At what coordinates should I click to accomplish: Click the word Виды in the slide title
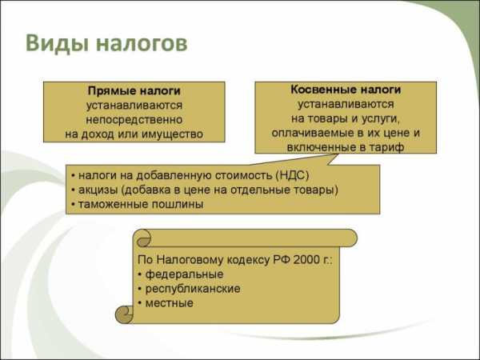58,43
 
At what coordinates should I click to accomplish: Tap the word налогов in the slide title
142,43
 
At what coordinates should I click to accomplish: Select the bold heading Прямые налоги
134,91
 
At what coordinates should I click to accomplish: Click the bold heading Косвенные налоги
346,90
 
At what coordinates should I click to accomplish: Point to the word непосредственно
134,119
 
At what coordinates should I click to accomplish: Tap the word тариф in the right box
386,147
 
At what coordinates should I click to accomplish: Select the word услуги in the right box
381,118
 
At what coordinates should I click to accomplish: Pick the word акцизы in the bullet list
98,190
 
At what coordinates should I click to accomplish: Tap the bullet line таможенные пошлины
141,204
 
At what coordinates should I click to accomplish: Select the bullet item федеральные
184,274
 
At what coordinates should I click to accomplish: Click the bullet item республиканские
193,289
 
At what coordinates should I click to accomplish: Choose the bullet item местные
170,303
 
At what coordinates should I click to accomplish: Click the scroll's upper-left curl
143,238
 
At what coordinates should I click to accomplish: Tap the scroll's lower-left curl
124,314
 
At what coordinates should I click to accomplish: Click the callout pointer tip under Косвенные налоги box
338,154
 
